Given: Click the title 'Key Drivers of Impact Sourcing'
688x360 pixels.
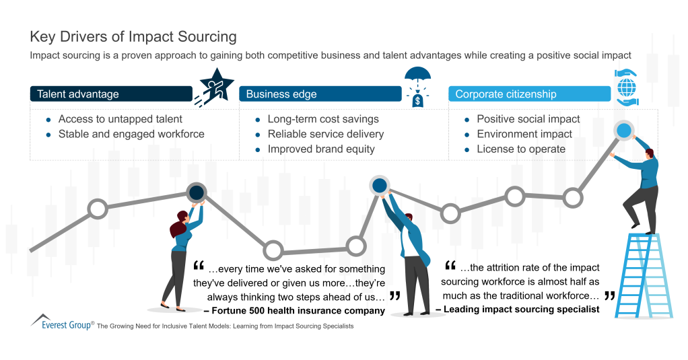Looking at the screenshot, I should pyautogui.click(x=133, y=36).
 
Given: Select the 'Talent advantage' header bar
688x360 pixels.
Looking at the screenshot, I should pyautogui.click(x=111, y=94).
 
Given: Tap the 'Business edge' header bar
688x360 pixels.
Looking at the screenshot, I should pyautogui.click(x=320, y=94).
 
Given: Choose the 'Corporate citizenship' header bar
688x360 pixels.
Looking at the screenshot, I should pyautogui.click(x=528, y=94).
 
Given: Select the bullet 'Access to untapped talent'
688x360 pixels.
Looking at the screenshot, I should pyautogui.click(x=120, y=119).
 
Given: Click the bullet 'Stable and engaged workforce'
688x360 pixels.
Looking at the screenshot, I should pyautogui.click(x=131, y=134).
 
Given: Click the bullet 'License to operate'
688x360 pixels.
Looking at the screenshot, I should pyautogui.click(x=520, y=149).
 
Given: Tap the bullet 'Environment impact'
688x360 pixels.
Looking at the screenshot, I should pyautogui.click(x=524, y=134).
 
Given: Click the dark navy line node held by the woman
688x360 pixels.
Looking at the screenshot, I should pyautogui.click(x=196, y=193).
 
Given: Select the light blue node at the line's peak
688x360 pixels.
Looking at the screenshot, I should pyautogui.click(x=624, y=131).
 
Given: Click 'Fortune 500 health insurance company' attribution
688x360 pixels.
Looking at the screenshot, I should pyautogui.click(x=294, y=311).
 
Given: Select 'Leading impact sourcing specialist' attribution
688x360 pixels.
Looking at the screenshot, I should pyautogui.click(x=517, y=310).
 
